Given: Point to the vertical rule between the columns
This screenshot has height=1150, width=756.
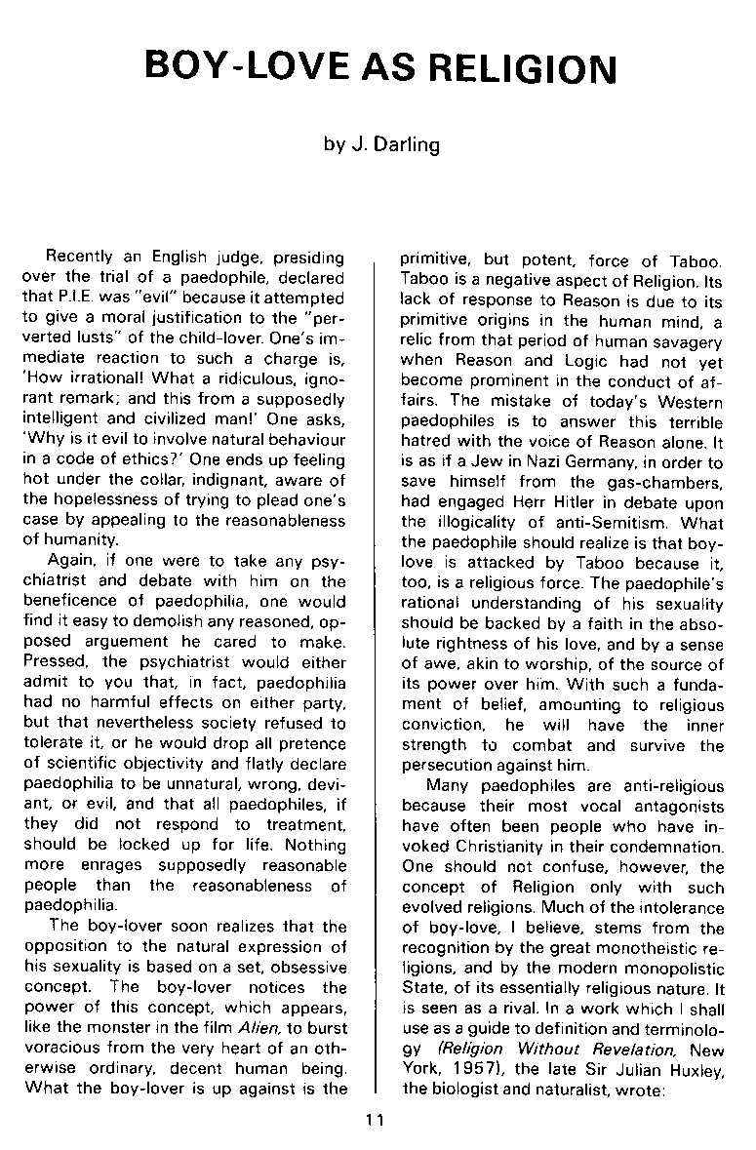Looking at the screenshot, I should click(375, 683).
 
